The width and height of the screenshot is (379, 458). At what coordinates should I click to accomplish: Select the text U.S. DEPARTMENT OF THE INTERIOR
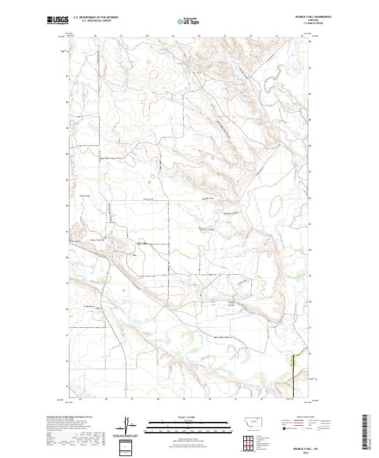pos(95,18)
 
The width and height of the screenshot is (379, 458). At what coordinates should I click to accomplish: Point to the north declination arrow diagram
pos(125,423)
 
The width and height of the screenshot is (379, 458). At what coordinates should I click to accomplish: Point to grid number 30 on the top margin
pos(199,36)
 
